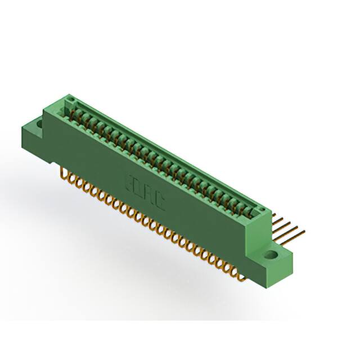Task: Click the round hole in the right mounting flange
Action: coord(272,254)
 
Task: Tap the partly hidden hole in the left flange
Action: coord(40,121)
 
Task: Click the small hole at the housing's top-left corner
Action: coord(70,101)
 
